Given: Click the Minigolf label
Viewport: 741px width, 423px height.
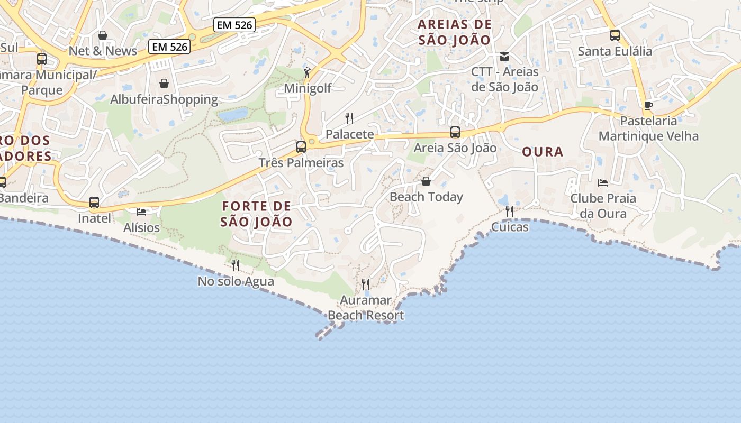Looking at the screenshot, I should pos(308,88).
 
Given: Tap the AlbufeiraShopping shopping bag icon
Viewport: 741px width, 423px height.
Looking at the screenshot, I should pos(164,84).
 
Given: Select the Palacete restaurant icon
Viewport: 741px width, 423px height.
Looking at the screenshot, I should pos(349,118).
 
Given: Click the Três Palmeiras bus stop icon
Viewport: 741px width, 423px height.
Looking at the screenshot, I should pos(301,146).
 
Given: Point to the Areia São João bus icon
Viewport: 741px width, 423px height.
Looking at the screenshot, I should pos(455,132).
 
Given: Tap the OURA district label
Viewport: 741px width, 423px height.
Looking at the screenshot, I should pos(543,152).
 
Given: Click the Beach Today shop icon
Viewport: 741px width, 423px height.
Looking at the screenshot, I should pos(426,182).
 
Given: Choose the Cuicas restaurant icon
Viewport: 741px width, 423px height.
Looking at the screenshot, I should pos(510,212).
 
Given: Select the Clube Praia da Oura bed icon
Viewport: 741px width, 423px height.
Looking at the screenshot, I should pos(602,183).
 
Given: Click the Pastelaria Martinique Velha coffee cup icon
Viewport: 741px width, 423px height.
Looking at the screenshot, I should pos(648,105).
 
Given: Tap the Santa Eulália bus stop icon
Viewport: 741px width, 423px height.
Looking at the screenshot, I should pos(615,35).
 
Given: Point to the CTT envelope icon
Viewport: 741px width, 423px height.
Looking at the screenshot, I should pos(504,56).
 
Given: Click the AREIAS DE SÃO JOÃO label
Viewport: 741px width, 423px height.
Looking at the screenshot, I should pos(455,32).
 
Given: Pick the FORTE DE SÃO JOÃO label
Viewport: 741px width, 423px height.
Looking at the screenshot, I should pos(257,214).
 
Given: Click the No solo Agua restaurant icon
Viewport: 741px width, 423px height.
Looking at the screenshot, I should pos(236,265).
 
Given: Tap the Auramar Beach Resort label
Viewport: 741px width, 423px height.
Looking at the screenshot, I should pos(366,308).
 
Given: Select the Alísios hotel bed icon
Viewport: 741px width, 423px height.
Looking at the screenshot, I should pos(141,212).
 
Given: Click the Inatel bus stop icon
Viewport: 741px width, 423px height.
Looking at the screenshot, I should pos(94,203).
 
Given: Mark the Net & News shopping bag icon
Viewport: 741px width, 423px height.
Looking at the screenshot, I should pos(103,35).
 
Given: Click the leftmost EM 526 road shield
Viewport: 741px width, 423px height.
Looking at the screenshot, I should pos(169,47).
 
